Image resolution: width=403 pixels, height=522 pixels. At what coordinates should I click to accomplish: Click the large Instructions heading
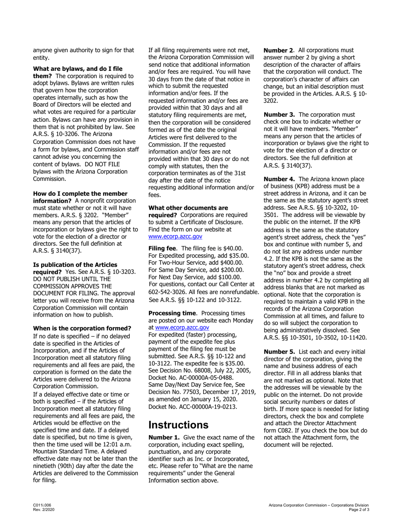coord(178,425)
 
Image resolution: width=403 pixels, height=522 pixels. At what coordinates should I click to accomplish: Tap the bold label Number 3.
coord(279,115)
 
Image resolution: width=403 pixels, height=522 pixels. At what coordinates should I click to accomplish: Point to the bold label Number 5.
coord(279,352)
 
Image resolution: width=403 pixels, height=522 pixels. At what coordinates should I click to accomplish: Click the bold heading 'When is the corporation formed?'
coord(82,328)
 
